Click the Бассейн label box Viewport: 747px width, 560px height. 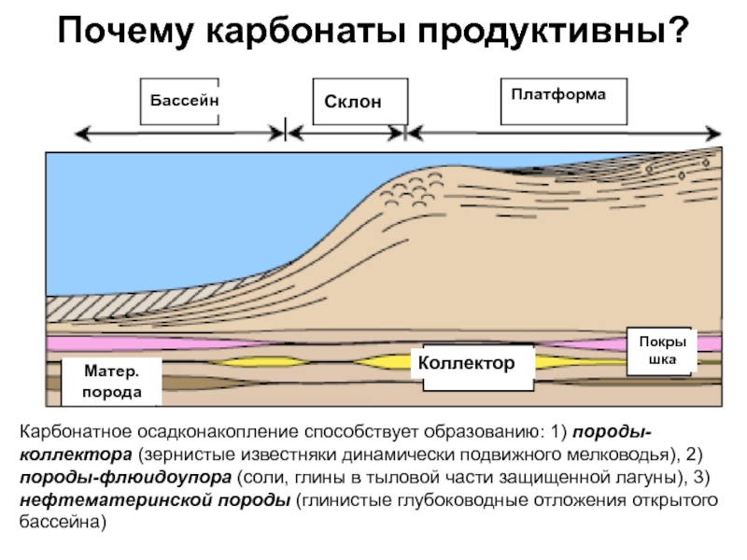pos(180,101)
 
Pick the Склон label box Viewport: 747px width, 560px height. pos(352,103)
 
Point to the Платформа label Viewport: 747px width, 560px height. pos(558,95)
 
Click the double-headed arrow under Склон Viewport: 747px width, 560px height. pos(345,133)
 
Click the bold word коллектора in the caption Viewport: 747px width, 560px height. pos(76,457)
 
